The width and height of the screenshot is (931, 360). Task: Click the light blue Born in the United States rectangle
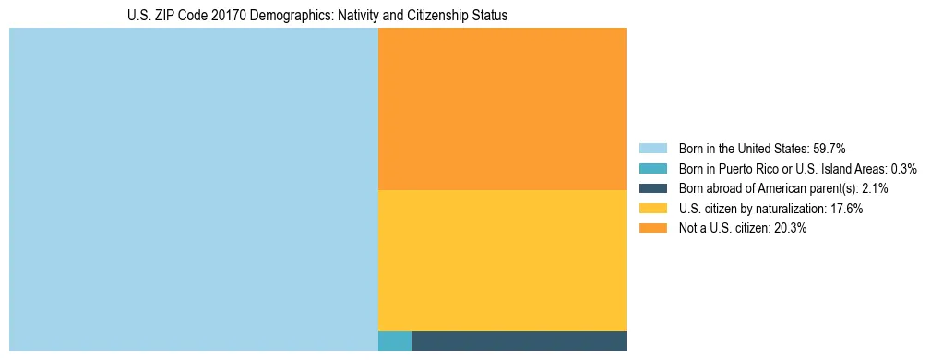[194, 189]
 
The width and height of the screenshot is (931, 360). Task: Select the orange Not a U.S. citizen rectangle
[502, 109]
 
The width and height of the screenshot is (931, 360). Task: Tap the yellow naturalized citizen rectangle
[502, 260]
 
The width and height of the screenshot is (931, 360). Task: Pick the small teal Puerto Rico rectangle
[395, 341]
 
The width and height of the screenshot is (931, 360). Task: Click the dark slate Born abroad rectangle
[519, 341]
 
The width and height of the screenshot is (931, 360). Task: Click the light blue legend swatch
[652, 149]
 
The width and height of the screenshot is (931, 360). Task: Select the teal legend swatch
[652, 169]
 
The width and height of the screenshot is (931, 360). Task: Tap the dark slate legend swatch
[652, 188]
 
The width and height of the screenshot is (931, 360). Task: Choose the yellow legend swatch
[652, 209]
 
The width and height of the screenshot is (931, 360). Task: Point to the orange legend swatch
[652, 229]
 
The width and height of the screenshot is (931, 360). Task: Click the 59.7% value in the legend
[830, 149]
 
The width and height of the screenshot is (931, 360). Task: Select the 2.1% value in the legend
[876, 188]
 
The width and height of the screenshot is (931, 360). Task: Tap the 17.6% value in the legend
[846, 209]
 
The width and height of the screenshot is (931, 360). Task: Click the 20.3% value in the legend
[790, 229]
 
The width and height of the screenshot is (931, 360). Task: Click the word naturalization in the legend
[790, 209]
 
